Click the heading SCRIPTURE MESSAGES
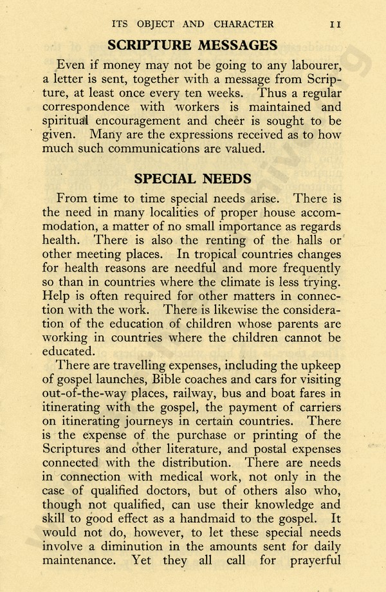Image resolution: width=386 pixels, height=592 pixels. pyautogui.click(x=192, y=45)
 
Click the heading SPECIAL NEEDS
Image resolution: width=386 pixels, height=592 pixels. pyautogui.click(x=192, y=178)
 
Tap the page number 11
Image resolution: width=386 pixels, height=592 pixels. pyautogui.click(x=335, y=24)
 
